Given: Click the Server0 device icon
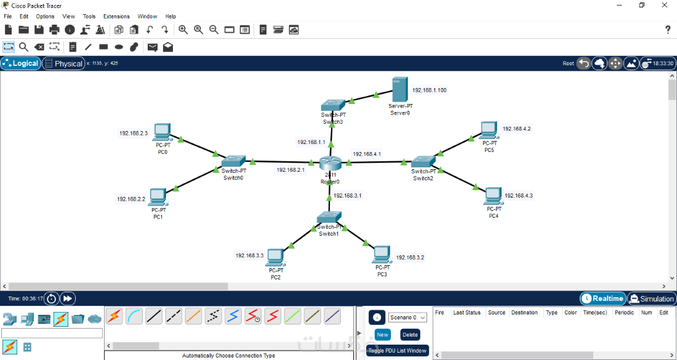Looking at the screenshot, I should point(399,90).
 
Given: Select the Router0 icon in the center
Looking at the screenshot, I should point(330,164).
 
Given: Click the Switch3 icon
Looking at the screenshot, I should point(333,105).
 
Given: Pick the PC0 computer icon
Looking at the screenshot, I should point(162,132).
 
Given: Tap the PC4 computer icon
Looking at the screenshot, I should point(493,196).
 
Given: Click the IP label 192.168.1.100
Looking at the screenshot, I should point(429,90).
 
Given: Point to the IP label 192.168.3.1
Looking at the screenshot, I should point(347,196).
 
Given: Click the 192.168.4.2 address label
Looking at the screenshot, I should point(516,129).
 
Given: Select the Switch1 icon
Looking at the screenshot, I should point(329,217).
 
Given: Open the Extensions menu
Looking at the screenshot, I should point(116,17).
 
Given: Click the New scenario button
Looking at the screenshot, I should point(383,335).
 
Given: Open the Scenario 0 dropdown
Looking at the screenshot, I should point(407,318).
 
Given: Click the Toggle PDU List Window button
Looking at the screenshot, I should point(397,351).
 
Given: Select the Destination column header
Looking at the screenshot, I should point(524,313).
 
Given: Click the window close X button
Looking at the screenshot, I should point(663,5).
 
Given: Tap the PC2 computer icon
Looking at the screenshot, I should point(275,256).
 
